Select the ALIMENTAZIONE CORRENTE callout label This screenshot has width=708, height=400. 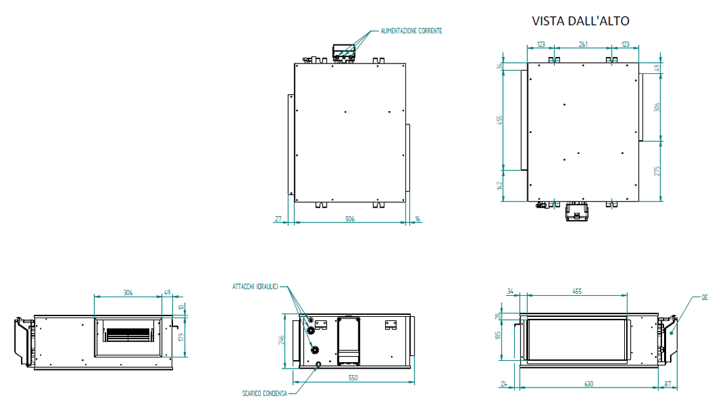tap(412, 31)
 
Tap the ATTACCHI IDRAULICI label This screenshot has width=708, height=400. tap(255, 287)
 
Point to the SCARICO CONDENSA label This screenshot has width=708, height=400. tap(265, 393)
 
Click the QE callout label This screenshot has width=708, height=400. tap(704, 297)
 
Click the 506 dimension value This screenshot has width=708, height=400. tap(350, 219)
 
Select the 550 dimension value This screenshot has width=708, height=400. tap(353, 378)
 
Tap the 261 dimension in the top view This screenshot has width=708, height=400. tap(582, 45)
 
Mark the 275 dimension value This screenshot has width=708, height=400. tap(658, 171)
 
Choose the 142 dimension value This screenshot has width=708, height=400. tap(499, 186)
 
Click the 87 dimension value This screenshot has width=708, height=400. tap(668, 384)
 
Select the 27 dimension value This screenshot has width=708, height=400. tap(278, 219)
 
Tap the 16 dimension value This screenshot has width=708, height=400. tap(418, 219)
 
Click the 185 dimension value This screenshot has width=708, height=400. tap(498, 336)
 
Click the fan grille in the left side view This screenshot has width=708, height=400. tap(128, 335)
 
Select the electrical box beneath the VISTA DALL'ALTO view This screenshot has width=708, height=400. tap(577, 211)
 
